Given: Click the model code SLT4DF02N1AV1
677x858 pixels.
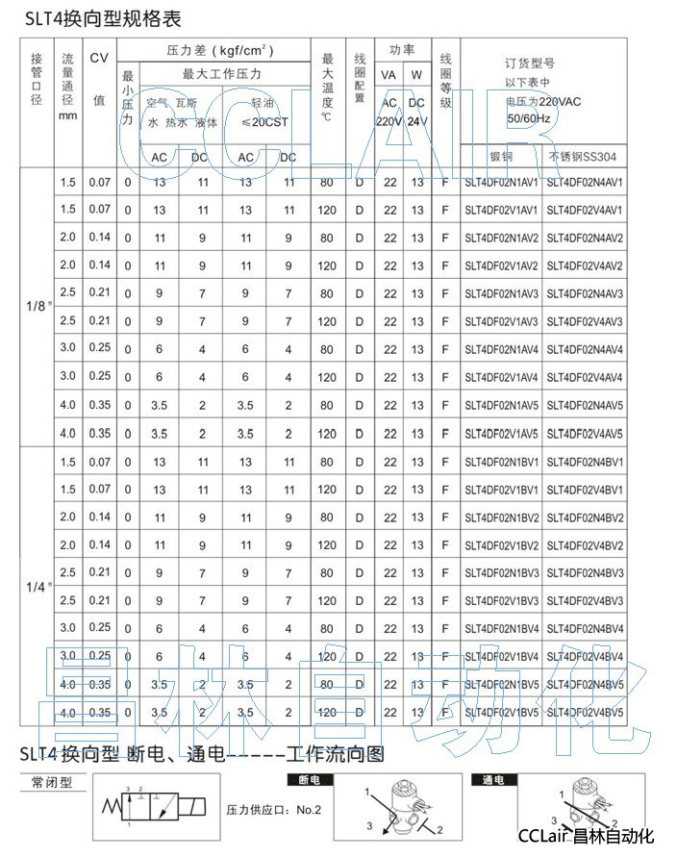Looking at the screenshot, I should (501, 183).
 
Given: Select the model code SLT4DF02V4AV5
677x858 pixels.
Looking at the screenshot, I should (585, 433).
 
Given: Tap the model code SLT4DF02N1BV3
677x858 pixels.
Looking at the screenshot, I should (501, 573).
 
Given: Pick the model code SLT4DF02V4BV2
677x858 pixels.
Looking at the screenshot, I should (585, 545).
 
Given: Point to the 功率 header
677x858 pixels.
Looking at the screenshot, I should (402, 50).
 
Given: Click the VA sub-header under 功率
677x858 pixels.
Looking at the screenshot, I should (389, 75).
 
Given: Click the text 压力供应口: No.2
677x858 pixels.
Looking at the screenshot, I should (273, 810).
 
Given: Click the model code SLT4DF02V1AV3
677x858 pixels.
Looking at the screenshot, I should (501, 321).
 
